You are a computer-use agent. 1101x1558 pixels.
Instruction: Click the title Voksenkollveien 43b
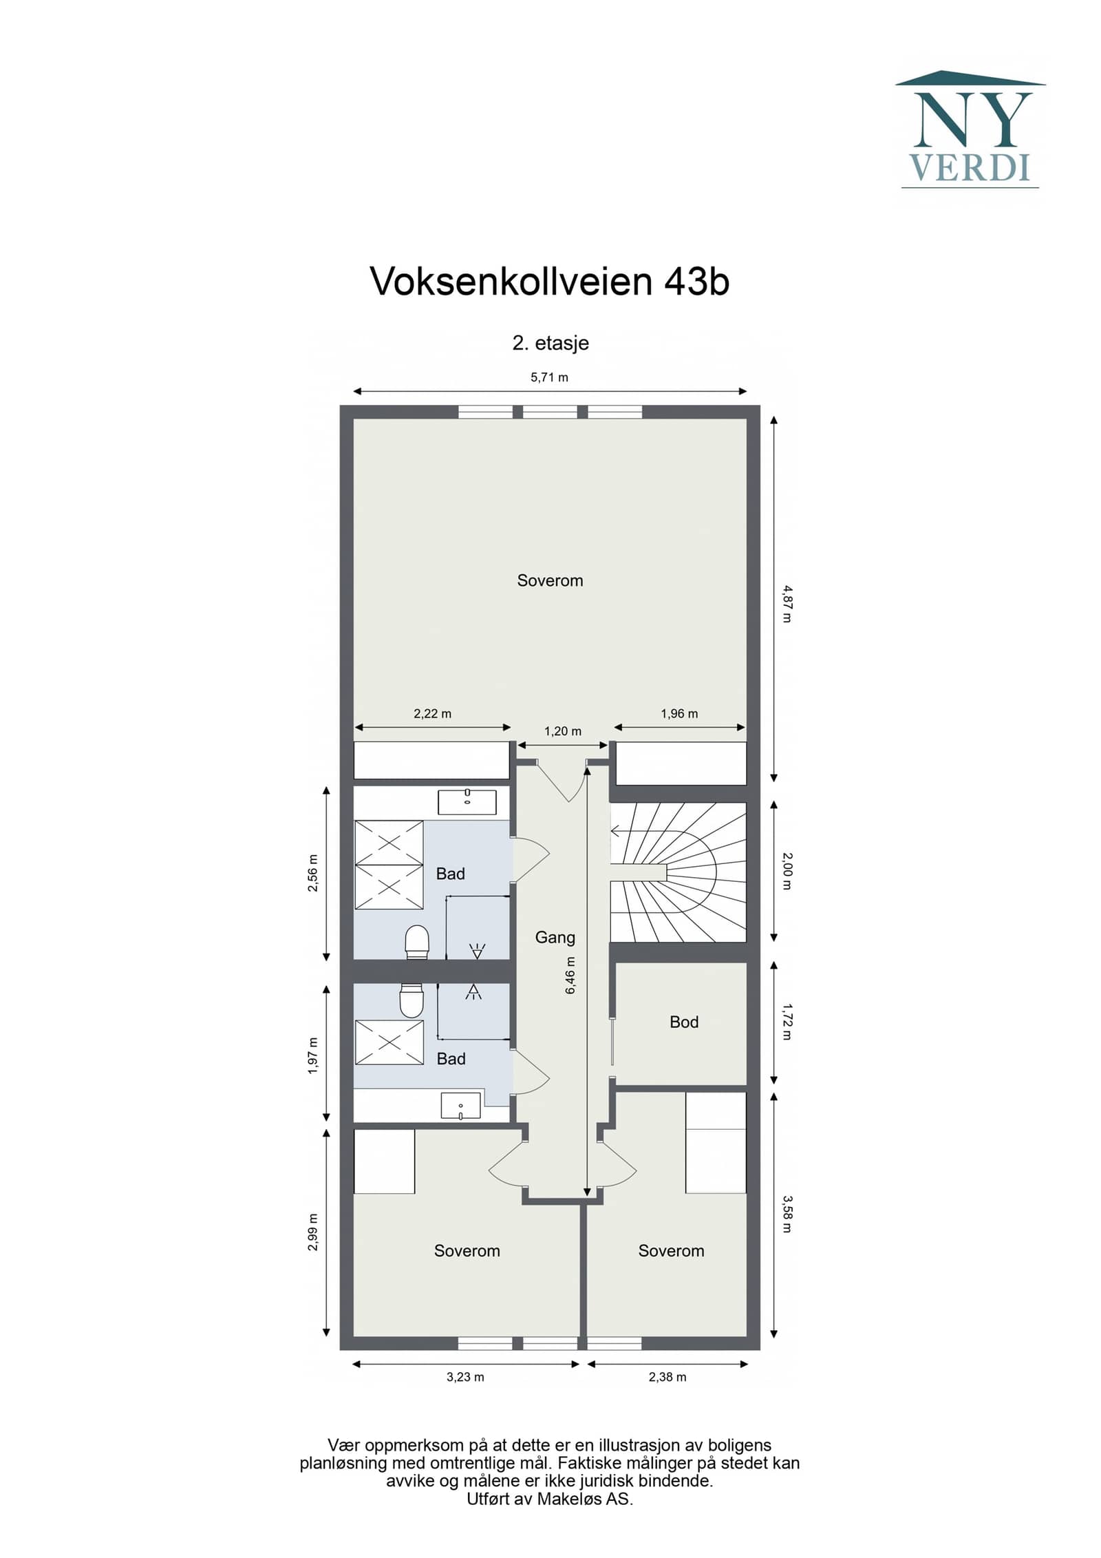point(549,282)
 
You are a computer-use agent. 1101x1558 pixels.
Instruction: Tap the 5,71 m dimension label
point(549,377)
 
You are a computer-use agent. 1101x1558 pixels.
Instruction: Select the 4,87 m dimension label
point(787,603)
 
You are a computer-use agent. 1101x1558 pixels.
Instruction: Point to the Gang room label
point(555,937)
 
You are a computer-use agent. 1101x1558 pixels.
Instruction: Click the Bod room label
point(683,1022)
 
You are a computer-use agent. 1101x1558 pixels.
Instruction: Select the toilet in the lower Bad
point(411,1000)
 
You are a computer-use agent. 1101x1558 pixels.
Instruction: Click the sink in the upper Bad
point(467,802)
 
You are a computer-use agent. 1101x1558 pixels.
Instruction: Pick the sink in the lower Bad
point(460,1105)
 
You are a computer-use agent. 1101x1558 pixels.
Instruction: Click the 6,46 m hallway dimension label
point(570,976)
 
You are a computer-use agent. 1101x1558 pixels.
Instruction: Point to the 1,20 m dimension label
point(563,731)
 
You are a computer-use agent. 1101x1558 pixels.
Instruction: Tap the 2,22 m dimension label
point(432,713)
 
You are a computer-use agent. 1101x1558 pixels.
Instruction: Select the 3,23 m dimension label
point(465,1377)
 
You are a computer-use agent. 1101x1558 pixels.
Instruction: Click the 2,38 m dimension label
point(667,1377)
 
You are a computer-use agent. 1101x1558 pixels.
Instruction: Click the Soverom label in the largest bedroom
point(550,580)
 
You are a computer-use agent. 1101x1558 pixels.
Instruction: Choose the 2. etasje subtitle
point(550,343)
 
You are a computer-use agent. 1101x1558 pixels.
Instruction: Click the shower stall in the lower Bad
point(389,1042)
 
